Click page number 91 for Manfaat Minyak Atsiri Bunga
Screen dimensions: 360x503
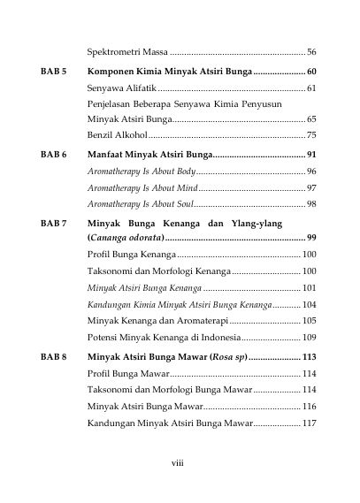tap(311, 155)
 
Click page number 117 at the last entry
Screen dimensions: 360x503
tap(309, 423)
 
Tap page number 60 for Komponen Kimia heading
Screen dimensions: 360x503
tap(311, 70)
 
